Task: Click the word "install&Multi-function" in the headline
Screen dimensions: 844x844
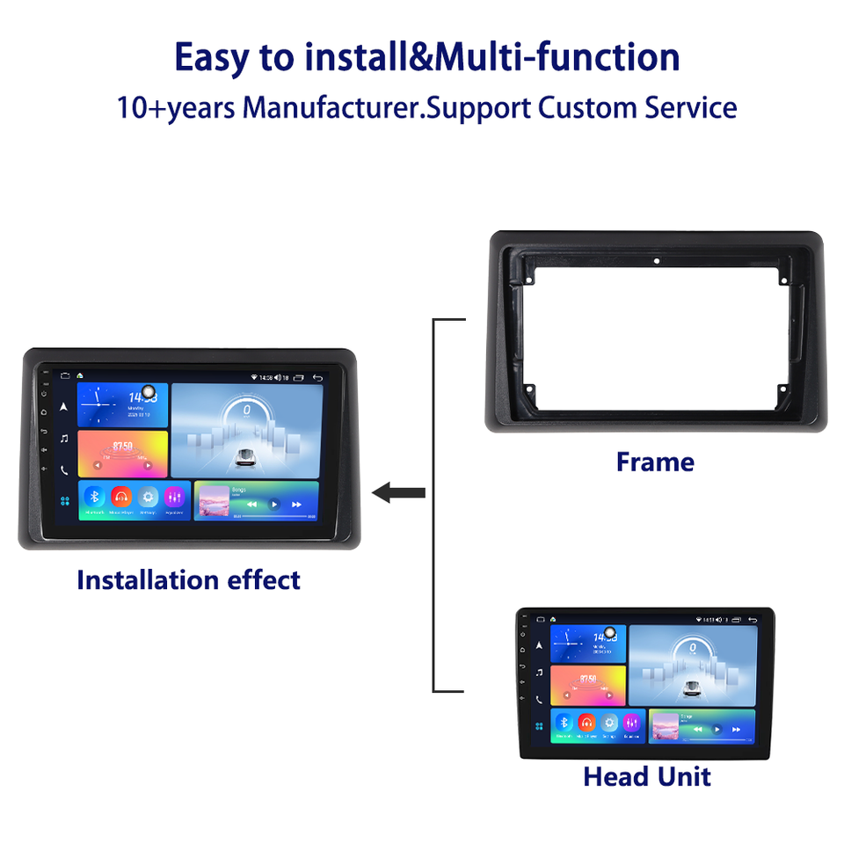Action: (491, 57)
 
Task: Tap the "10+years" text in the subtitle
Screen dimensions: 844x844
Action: (176, 108)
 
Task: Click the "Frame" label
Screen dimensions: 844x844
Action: (655, 462)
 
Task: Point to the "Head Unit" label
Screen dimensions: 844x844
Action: (647, 776)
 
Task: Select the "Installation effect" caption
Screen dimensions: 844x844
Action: (188, 580)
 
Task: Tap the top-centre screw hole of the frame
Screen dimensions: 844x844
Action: (656, 261)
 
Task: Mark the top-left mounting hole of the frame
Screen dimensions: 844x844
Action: (530, 280)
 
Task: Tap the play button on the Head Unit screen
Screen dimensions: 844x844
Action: (717, 729)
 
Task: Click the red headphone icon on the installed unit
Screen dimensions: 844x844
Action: (120, 497)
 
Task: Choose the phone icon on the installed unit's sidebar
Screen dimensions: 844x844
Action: (64, 470)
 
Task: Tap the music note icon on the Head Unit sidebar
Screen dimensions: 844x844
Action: (539, 673)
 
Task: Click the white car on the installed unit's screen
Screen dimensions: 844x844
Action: (246, 455)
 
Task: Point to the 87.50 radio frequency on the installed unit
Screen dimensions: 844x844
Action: (122, 447)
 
